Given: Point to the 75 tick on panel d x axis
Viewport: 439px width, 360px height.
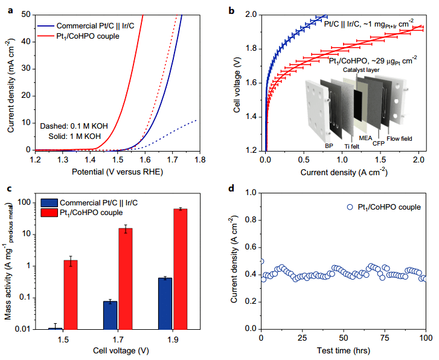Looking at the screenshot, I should pyautogui.click(x=385, y=336).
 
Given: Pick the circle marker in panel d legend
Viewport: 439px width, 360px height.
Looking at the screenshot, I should pyautogui.click(x=350, y=207).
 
